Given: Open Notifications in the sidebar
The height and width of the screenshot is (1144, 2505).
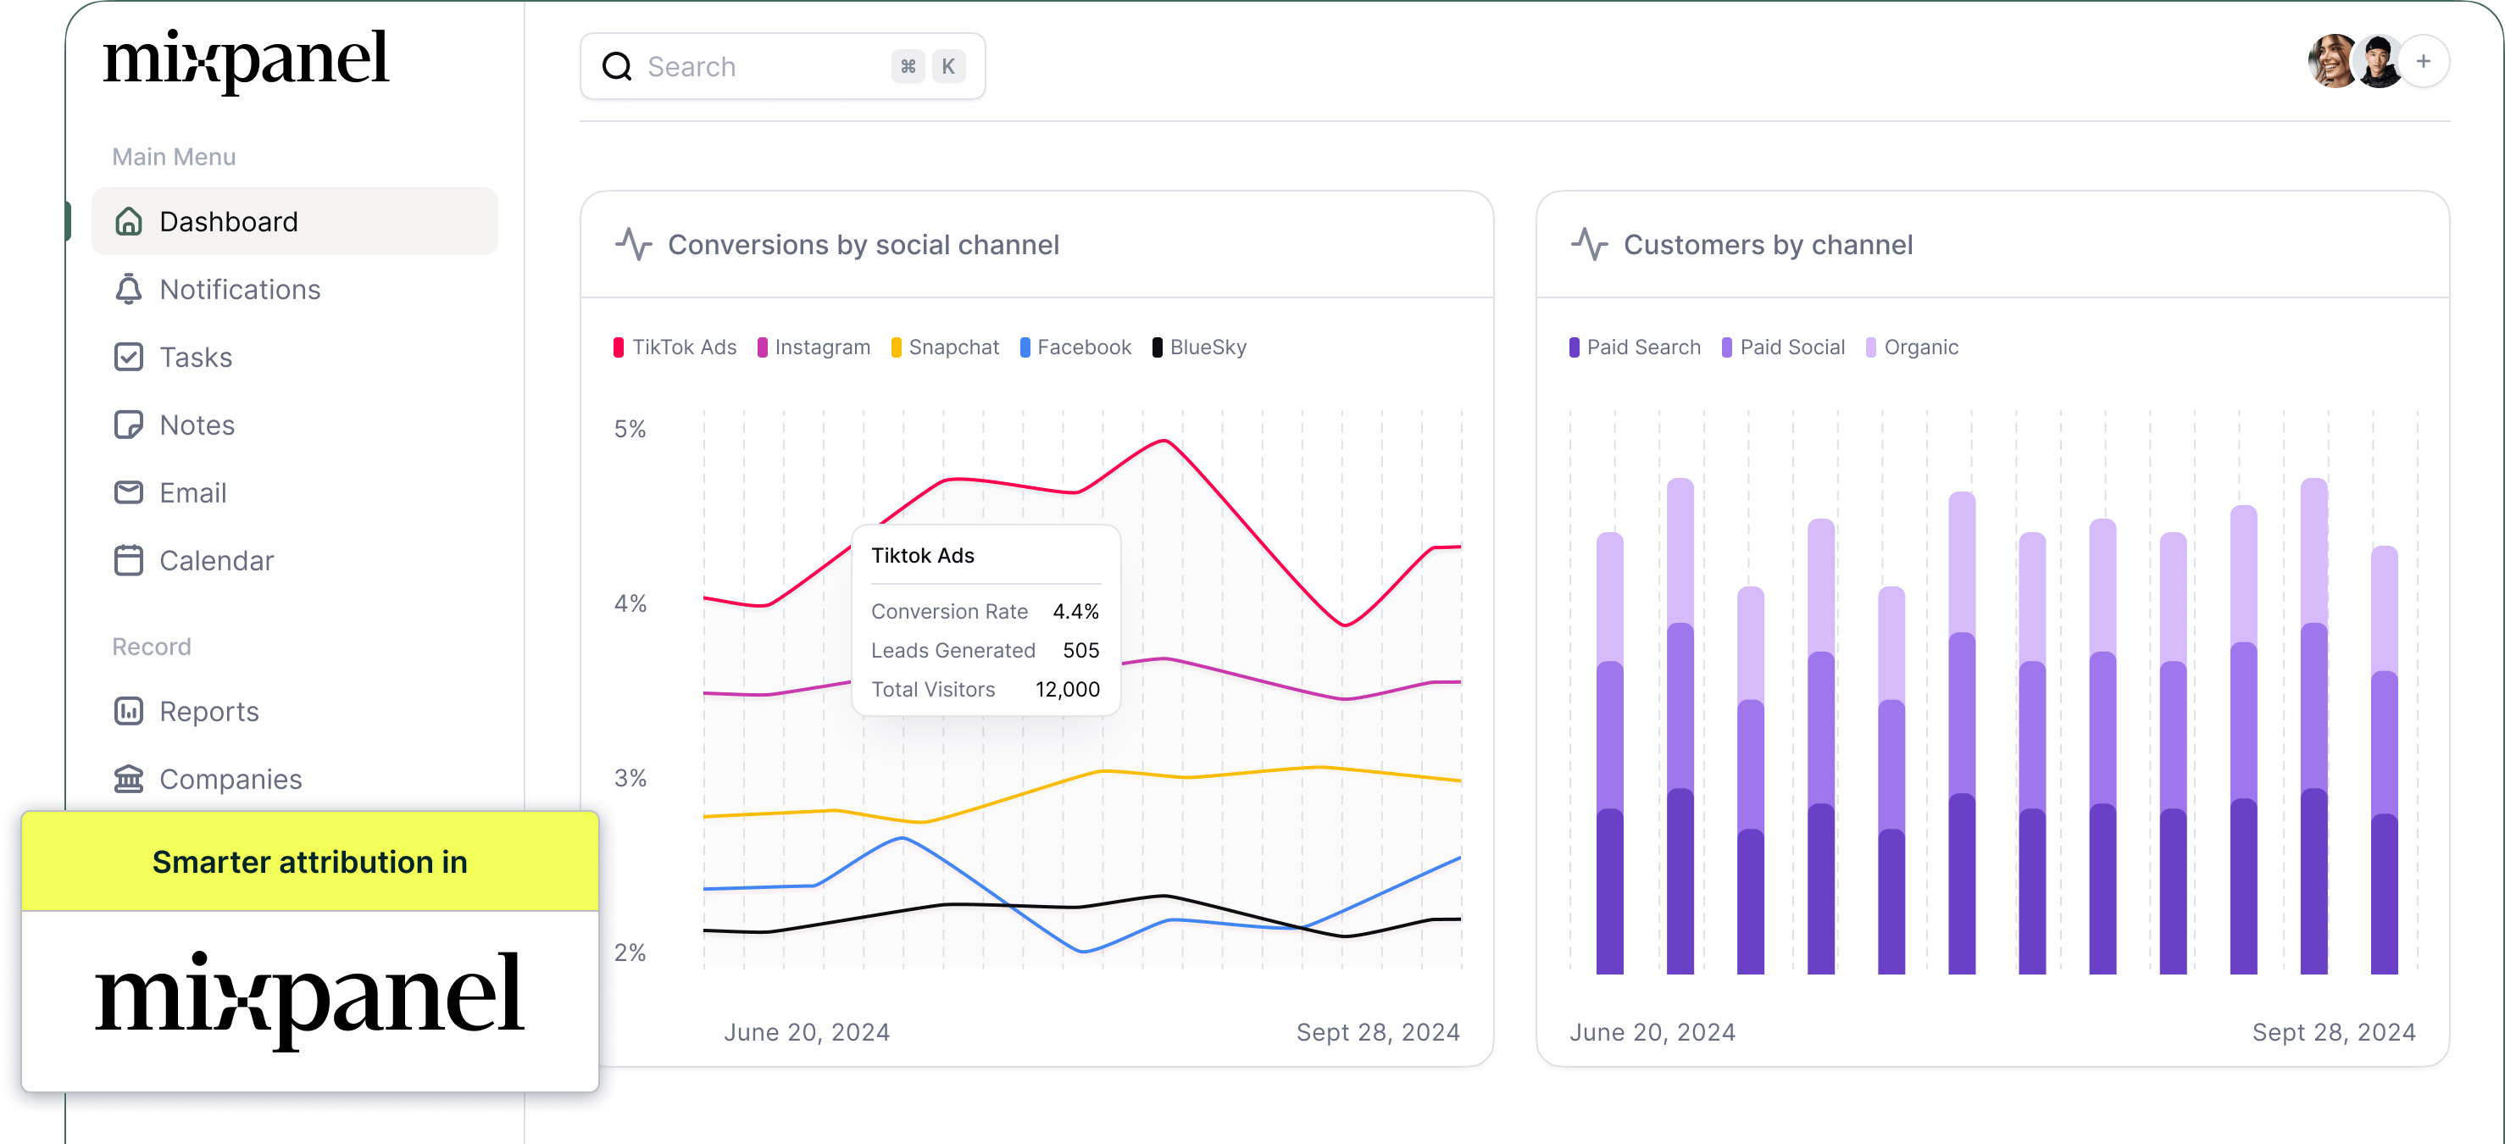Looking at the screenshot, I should (239, 290).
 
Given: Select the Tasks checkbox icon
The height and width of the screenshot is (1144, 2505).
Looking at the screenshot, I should (128, 357).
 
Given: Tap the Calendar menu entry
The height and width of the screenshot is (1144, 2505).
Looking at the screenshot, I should (216, 560).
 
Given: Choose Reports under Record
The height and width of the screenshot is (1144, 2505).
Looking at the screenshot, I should (208, 711).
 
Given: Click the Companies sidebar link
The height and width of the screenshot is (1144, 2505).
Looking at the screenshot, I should (230, 780).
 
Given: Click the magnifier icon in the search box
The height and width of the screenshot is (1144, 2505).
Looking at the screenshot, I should (618, 66).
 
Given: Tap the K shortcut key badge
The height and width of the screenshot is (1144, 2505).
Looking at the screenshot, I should (948, 66).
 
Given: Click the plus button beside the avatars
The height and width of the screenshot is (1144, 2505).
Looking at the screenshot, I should (2424, 61).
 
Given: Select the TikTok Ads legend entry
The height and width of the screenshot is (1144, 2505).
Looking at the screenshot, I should (676, 347).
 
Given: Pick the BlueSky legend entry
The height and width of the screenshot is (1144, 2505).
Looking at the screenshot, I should (1200, 347).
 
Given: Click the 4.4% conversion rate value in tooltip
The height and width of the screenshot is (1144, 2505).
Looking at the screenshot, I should (1075, 611).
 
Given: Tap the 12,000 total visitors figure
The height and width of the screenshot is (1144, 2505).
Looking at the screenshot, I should (1067, 689).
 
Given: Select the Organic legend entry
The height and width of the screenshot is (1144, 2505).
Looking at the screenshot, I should (1912, 347).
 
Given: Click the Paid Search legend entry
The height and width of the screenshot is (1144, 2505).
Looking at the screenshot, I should (1636, 347).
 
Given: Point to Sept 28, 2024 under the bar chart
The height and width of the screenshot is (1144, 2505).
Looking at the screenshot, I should (2334, 1032).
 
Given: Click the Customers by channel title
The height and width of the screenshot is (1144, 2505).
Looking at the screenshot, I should (1768, 245).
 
